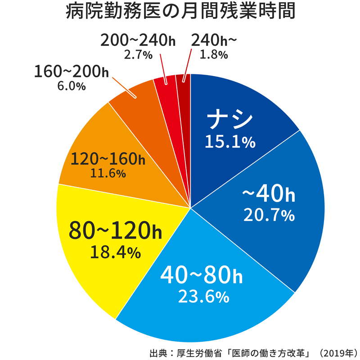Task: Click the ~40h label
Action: click(269, 193)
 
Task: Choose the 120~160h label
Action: click(108, 159)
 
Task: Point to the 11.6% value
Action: click(108, 173)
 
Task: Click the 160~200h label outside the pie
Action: click(72, 72)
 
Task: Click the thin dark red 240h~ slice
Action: click(184, 90)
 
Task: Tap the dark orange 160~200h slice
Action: click(135, 103)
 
